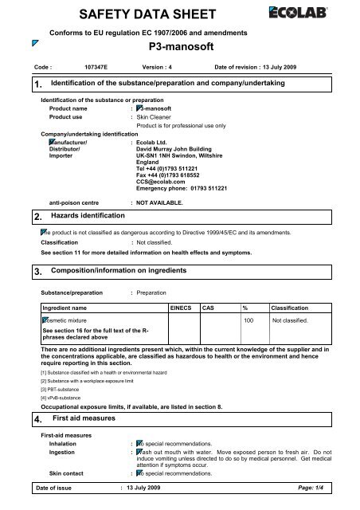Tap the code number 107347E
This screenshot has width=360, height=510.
98,69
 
